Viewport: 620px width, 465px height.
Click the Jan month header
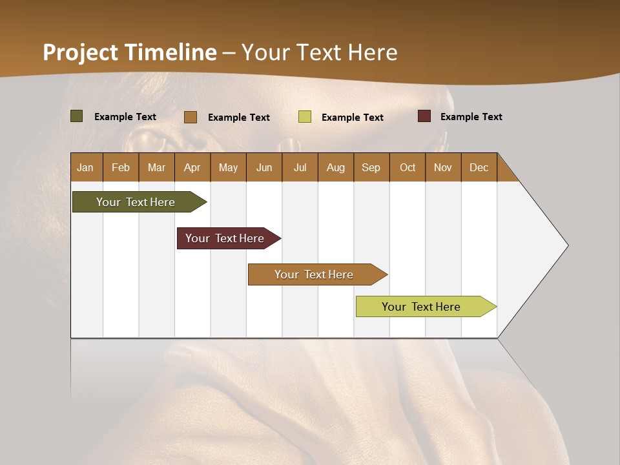[86, 167]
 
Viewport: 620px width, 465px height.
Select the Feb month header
[121, 167]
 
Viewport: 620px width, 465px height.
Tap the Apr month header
[192, 167]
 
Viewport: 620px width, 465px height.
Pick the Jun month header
[264, 167]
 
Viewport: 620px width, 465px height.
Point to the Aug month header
[335, 167]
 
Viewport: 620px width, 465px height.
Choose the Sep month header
[371, 167]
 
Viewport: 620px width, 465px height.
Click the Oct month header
[408, 167]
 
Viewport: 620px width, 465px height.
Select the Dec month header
[479, 167]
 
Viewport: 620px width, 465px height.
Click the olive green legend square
[77, 116]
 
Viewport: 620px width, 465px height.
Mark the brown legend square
[191, 117]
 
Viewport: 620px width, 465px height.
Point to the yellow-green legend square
[305, 117]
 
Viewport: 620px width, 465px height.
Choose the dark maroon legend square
[424, 116]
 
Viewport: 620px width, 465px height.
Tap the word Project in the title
[81, 52]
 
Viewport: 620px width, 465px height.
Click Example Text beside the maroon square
[471, 117]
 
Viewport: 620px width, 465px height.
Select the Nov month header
[443, 167]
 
